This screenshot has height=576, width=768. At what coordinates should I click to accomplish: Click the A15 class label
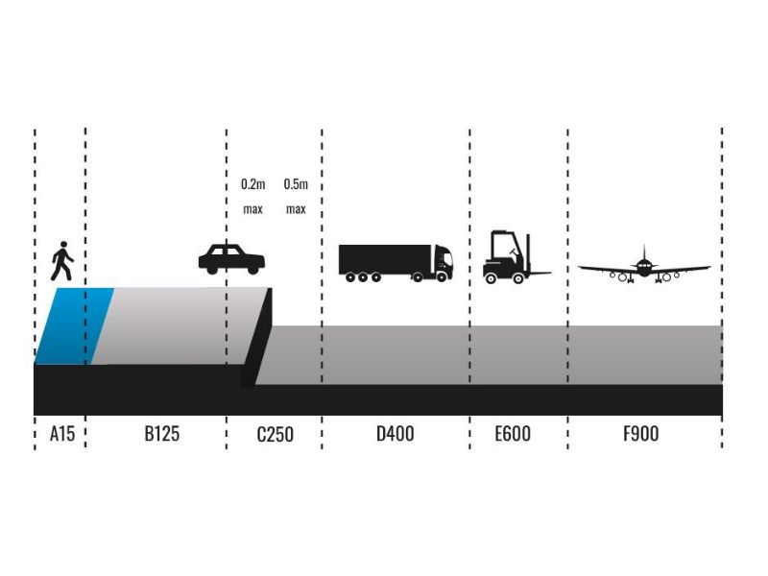click(62, 434)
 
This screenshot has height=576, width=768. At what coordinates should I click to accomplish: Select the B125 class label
click(161, 434)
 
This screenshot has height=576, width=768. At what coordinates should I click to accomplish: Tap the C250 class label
click(275, 434)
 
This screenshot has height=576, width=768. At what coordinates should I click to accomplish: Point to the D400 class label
click(395, 434)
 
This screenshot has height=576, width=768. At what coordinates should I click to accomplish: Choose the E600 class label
click(513, 434)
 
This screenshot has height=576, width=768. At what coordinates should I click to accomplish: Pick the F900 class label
click(640, 434)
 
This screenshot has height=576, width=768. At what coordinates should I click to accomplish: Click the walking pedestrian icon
click(62, 260)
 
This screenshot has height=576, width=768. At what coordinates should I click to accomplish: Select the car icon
click(231, 258)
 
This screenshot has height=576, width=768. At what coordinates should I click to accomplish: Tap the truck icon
click(396, 263)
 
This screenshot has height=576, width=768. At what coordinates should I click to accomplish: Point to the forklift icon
click(515, 257)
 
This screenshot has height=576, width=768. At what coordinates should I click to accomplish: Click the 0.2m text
click(252, 184)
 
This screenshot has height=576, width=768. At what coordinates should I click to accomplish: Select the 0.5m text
click(296, 184)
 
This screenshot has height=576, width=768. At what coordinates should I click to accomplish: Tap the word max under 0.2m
click(252, 209)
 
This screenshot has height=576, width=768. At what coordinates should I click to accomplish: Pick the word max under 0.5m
click(296, 209)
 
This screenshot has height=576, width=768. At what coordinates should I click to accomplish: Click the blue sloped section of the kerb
click(75, 325)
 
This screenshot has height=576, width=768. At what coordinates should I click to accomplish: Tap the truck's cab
click(444, 262)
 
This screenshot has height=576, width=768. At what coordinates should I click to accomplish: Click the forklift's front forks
click(539, 273)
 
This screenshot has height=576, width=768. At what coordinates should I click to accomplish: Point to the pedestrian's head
click(63, 244)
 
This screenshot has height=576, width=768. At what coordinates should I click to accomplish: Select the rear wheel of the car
click(211, 270)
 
